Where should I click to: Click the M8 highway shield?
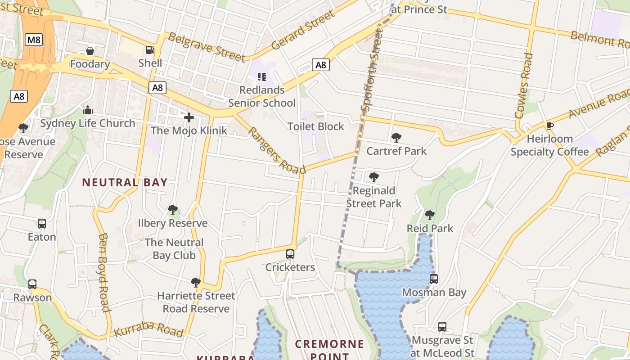[x=34, y=40]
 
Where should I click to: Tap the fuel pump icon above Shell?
[x=150, y=50]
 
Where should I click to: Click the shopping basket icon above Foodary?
[x=90, y=51]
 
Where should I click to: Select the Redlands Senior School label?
[x=262, y=96]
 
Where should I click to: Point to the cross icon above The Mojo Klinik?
[x=189, y=117]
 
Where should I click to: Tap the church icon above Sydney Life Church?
[x=88, y=110]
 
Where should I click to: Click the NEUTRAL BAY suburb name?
[x=125, y=182]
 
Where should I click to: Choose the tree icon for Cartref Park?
[x=396, y=138]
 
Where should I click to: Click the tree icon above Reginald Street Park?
[x=373, y=177]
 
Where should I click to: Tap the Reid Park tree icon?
[x=430, y=215]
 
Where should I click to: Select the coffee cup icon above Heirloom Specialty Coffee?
[x=549, y=126]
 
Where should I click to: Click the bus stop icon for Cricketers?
[x=290, y=254]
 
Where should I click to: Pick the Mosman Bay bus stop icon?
[x=434, y=279]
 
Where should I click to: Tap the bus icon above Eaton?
[x=42, y=224]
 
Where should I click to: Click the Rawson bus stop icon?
[x=32, y=284]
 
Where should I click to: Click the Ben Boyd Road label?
[x=104, y=272]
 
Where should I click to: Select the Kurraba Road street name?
[x=148, y=329]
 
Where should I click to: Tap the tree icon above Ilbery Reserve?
[x=172, y=210]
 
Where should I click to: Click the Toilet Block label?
[x=316, y=126]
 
